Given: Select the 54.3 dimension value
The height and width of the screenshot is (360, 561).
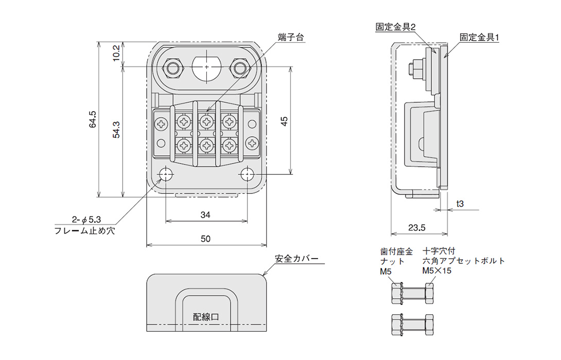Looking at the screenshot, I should [117, 130].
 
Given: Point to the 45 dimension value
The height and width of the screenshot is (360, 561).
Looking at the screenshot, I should [284, 121].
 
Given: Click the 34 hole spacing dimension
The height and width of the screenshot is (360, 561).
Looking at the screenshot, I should [205, 215].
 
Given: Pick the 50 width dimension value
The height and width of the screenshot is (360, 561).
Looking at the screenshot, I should [206, 239].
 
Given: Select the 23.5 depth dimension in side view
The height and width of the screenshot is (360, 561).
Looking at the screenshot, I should [415, 227].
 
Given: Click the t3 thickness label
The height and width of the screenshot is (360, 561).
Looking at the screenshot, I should [460, 204].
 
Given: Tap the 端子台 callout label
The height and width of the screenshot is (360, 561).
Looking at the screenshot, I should [291, 38].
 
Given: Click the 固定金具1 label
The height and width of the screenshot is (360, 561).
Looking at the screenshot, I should [479, 38].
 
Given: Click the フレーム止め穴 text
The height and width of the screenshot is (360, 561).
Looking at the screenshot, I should [84, 231].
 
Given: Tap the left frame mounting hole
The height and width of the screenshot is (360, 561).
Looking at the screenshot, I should [166, 175].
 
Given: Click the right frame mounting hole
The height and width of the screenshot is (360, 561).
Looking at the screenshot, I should [247, 175].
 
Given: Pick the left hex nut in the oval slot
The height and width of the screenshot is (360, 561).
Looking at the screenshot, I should [172, 67].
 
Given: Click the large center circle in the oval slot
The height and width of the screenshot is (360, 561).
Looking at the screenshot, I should [206, 67].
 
